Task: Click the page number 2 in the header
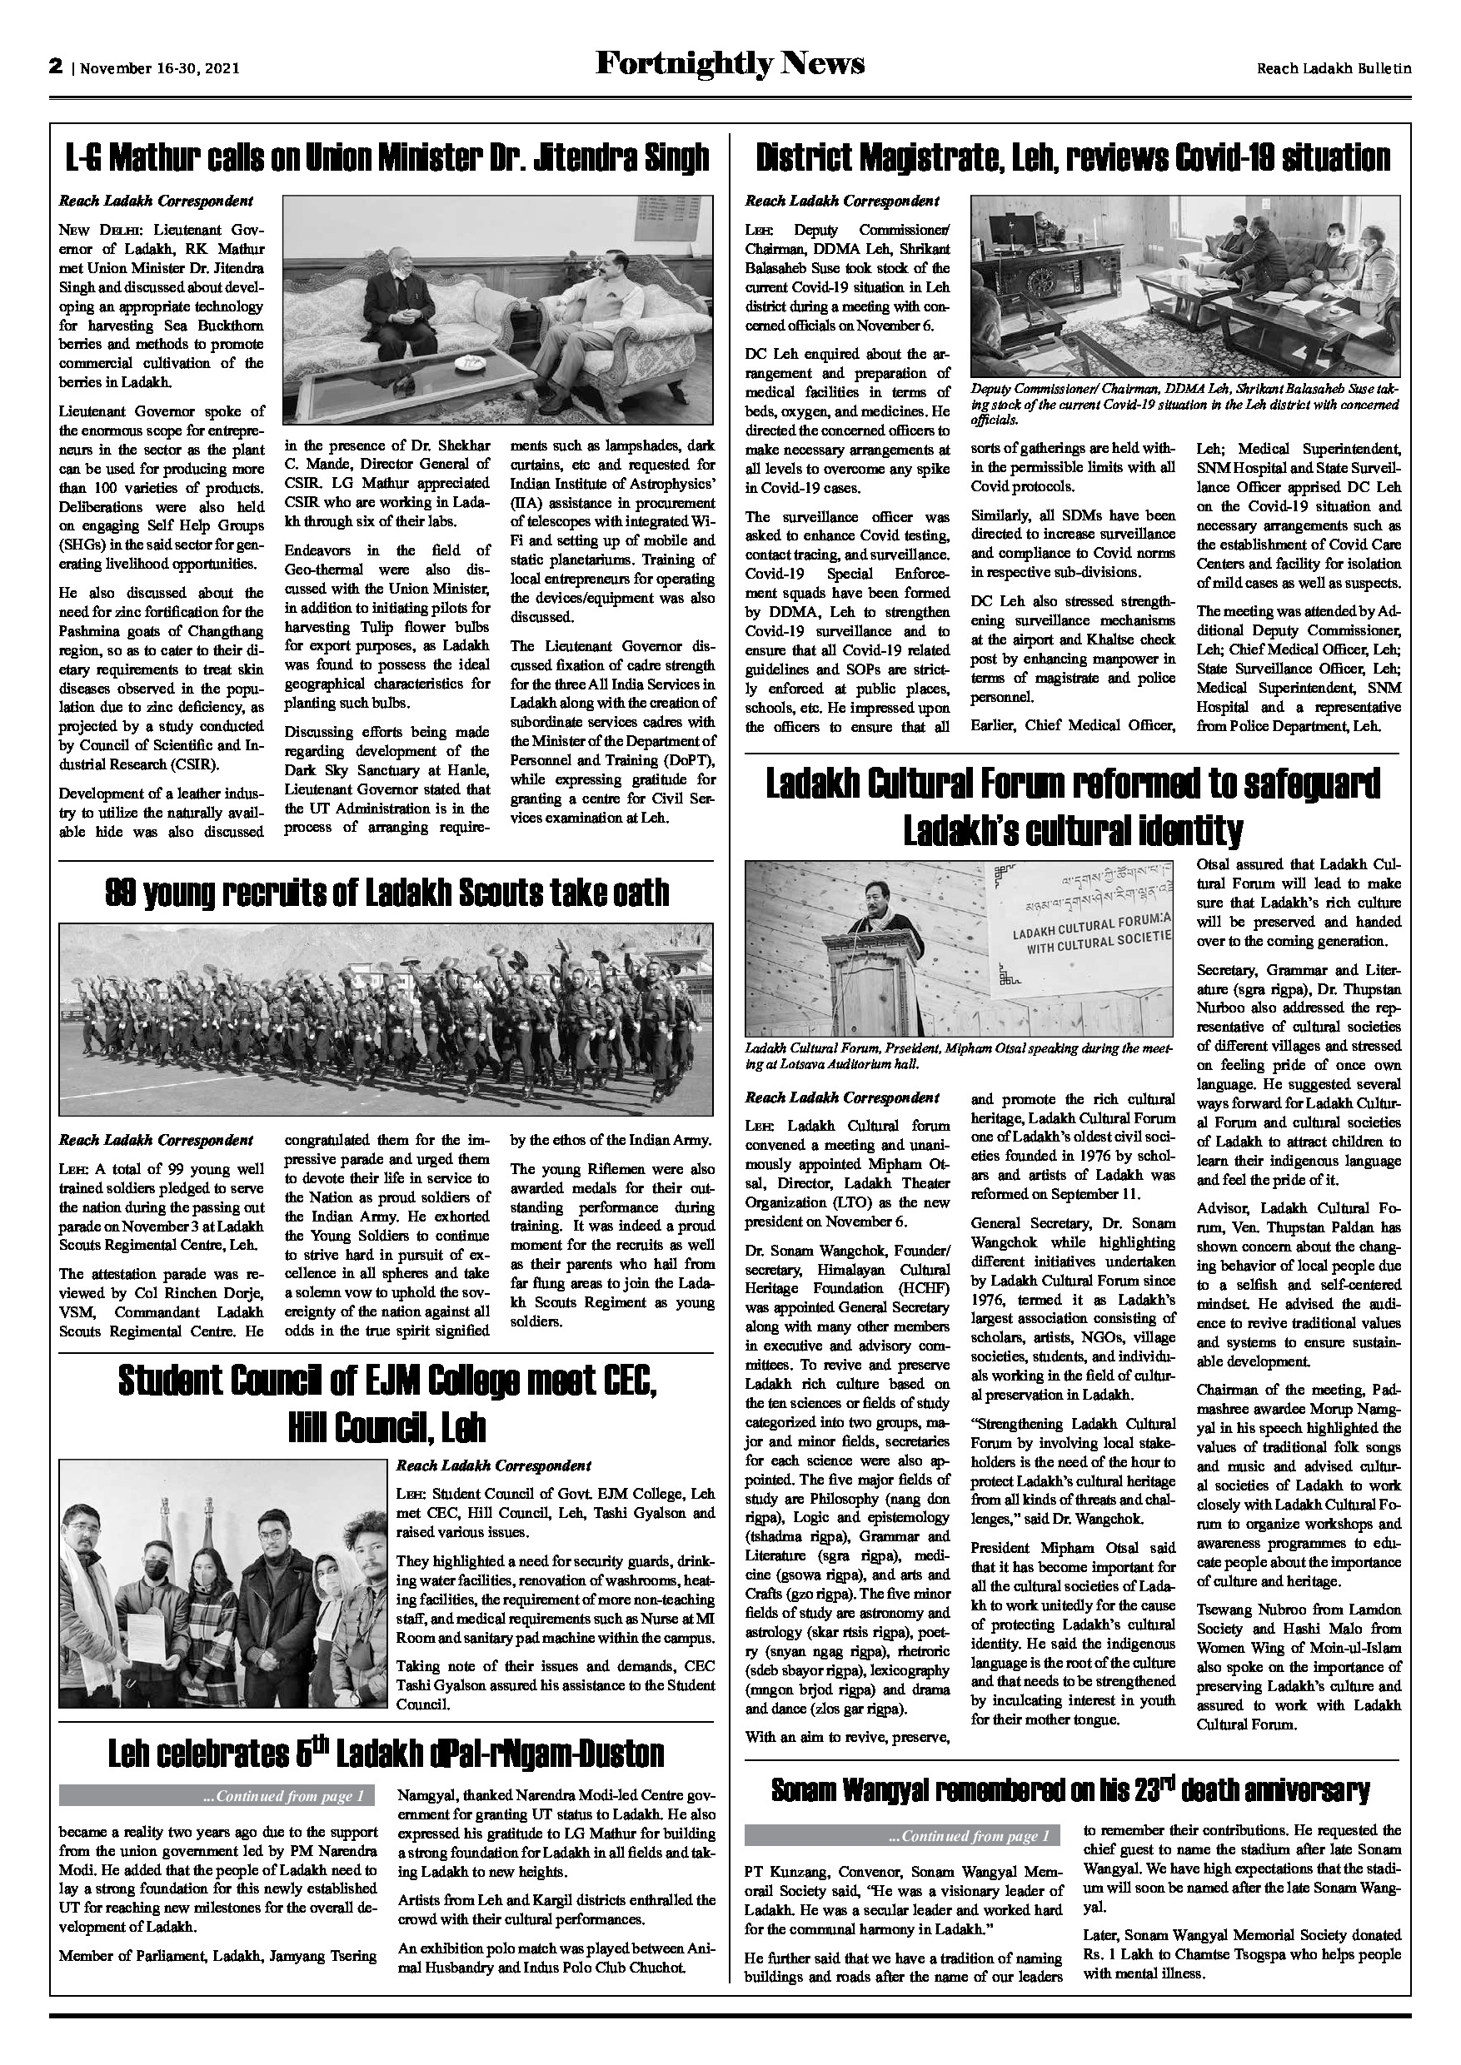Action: pos(56,67)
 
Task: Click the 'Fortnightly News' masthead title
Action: pos(730,64)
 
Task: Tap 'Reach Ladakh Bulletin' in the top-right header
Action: pos(1334,67)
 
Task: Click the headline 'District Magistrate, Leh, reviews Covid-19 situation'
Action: pos(1072,158)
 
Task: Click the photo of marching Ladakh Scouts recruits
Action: pos(386,1019)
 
